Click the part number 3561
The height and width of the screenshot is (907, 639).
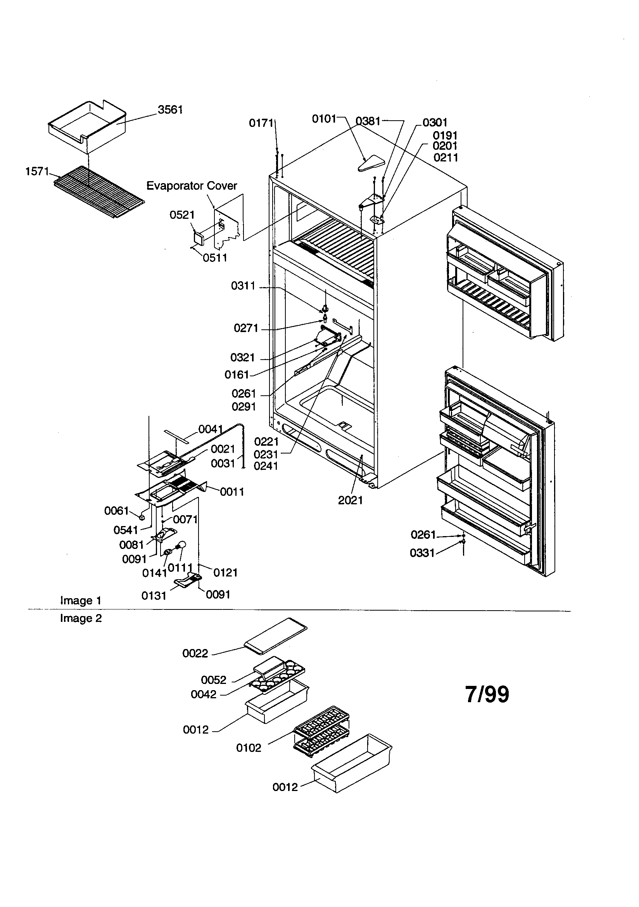[x=170, y=110]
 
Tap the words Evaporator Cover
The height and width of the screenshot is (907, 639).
[x=192, y=186]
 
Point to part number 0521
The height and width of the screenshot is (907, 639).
[x=182, y=215]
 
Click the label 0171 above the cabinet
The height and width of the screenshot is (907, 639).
[x=261, y=123]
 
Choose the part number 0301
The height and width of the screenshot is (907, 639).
[x=435, y=123]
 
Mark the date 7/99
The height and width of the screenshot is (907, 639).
[x=487, y=694]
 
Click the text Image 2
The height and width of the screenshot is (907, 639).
[x=81, y=618]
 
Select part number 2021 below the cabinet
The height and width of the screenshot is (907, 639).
[x=350, y=500]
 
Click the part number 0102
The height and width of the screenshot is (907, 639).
[x=249, y=748]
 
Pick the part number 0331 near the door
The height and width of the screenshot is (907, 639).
[x=422, y=553]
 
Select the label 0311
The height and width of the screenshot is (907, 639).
[x=243, y=286]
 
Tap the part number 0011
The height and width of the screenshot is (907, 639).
[x=232, y=492]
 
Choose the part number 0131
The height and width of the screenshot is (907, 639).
[x=154, y=596]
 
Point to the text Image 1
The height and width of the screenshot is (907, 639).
[x=81, y=601]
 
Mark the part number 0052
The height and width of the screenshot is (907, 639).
[x=213, y=680]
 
